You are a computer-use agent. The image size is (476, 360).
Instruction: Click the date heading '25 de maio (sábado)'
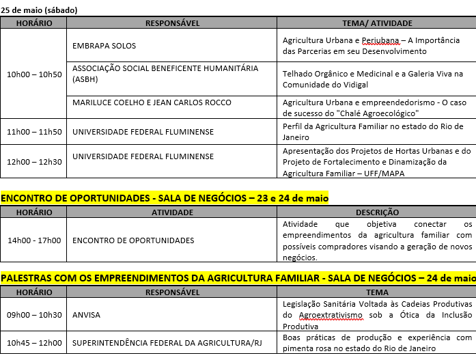[x=39, y=10]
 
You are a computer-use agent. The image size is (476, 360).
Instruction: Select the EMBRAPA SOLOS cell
[x=104, y=46]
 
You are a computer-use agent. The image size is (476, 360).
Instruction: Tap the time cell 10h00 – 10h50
[x=33, y=74]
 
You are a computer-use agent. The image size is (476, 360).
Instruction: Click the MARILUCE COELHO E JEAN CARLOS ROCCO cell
[x=151, y=102]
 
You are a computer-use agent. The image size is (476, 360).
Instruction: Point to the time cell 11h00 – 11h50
[x=33, y=132]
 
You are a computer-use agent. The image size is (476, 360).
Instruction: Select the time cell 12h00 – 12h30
[x=33, y=162]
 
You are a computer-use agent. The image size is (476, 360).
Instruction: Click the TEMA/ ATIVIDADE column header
[x=376, y=23]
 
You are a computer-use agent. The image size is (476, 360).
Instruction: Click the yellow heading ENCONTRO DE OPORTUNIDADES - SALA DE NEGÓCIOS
[x=165, y=198]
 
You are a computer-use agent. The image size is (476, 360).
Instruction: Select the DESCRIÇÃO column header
[x=377, y=212]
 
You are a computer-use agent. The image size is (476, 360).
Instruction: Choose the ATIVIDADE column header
[x=172, y=212]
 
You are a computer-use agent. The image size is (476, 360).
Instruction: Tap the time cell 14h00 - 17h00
[x=33, y=240]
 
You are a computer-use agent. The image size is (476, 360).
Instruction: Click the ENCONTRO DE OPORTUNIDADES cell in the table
[x=132, y=240]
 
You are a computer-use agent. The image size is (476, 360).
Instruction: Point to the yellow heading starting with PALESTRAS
[x=238, y=278]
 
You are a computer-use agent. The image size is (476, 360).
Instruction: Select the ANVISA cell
[x=86, y=315]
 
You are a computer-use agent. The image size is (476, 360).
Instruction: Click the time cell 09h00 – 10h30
[x=33, y=315]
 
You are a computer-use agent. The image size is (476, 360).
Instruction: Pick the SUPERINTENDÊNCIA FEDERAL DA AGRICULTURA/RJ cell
[x=167, y=343]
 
